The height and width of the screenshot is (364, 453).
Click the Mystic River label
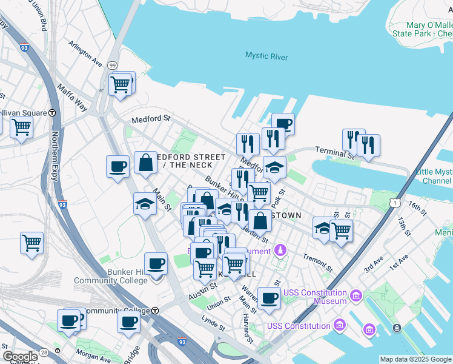pos(266,56)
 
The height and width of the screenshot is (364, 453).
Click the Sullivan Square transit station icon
pos(53,113)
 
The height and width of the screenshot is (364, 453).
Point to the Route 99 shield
pos(112,65)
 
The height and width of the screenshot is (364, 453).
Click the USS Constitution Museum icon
pos(355,297)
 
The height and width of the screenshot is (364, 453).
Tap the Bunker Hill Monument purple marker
pos(280,250)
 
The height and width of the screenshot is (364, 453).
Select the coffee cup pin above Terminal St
pos(283,124)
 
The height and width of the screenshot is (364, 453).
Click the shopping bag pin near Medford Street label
pos(146,163)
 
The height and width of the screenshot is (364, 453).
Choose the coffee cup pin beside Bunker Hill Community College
pos(156,263)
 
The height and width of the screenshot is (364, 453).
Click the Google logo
pos(20,357)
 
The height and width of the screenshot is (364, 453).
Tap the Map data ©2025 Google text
pos(415,359)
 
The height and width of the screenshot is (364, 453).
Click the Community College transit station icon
pos(155,311)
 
